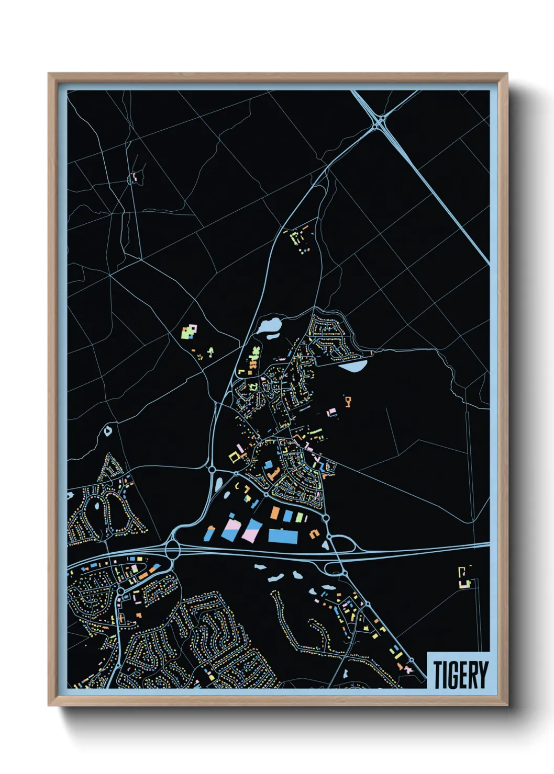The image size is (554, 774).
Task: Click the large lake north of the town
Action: (269, 326)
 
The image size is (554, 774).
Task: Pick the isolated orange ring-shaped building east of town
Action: (348, 401)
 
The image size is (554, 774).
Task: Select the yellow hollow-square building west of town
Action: (234, 457)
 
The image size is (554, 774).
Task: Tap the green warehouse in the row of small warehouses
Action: (300, 517)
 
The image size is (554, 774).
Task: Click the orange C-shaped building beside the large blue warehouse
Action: (314, 533)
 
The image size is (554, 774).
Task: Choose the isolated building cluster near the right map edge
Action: (464, 577)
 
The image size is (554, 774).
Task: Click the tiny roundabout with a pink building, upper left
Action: (133, 179)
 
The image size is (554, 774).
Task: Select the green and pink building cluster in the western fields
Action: (189, 332)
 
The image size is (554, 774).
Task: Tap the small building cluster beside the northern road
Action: (299, 238)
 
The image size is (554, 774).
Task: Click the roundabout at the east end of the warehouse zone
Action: (326, 518)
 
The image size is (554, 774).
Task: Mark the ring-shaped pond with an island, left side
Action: (108, 431)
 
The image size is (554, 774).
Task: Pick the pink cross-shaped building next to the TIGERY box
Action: (407, 668)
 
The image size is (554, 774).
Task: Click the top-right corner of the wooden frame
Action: (507, 74)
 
